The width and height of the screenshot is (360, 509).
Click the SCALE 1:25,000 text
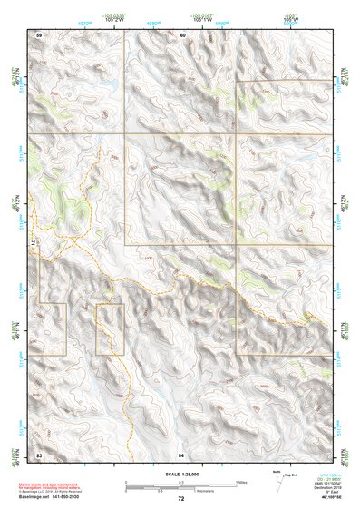click(x=180, y=475)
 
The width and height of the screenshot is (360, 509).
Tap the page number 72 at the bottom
click(x=180, y=499)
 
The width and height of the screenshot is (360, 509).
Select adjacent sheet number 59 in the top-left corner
click(x=39, y=34)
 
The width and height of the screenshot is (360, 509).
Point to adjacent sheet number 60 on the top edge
click(x=181, y=34)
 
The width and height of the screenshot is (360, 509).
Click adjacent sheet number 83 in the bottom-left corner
click(x=39, y=453)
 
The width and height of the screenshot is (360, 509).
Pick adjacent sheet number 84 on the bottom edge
click(x=181, y=453)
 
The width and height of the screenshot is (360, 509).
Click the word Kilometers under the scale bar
click(x=200, y=491)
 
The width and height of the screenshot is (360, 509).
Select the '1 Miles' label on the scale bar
click(x=240, y=482)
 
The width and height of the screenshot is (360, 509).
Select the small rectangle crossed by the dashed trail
click(x=110, y=329)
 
